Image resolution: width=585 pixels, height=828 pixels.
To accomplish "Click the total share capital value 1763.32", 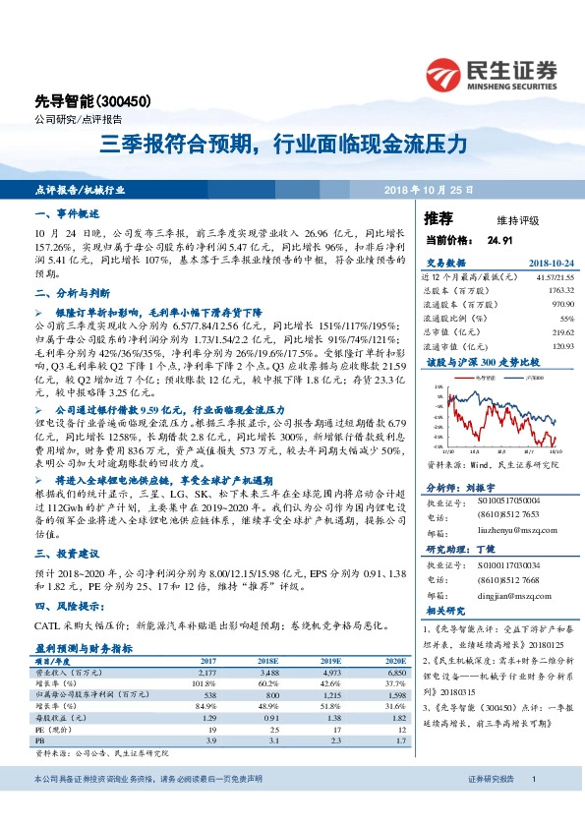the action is [x=557, y=291].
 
